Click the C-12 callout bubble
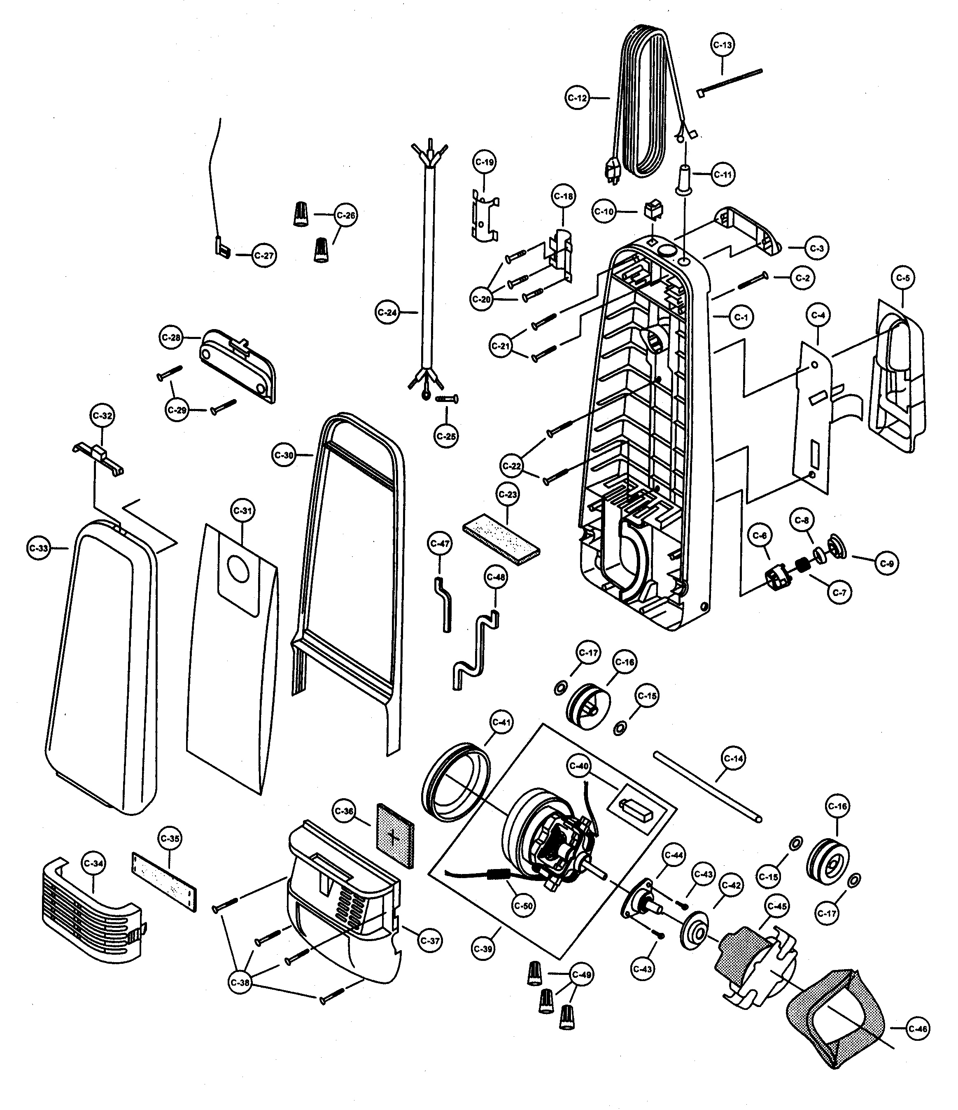click(577, 98)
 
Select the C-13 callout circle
click(723, 46)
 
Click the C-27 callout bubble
click(263, 255)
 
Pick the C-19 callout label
click(484, 162)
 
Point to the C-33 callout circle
click(39, 548)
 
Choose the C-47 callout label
click(440, 544)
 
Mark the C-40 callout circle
click(579, 766)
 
